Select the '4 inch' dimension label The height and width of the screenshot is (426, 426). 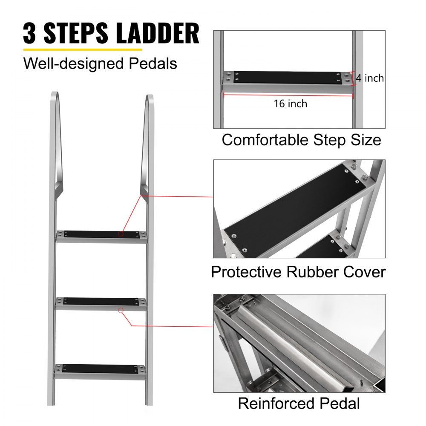[370, 78]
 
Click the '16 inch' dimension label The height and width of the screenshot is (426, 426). [291, 103]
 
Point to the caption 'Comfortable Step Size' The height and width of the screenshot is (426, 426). [301, 140]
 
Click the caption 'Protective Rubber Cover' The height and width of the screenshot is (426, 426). [298, 272]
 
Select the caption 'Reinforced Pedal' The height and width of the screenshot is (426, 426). [299, 403]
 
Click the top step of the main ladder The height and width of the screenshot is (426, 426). [101, 235]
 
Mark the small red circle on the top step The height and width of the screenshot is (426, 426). [121, 233]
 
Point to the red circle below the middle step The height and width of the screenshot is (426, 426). [121, 311]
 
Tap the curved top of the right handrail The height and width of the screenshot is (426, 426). [149, 100]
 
